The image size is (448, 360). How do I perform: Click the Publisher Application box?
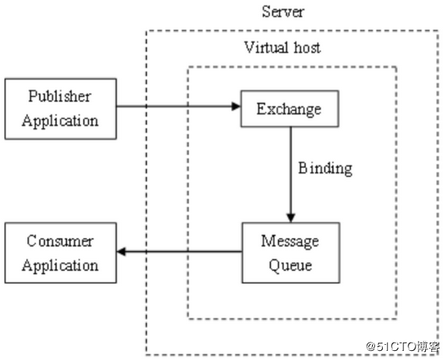[60, 108]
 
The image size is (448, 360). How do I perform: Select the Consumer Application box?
[60, 253]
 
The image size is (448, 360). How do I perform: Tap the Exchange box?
[289, 109]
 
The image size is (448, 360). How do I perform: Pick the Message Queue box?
[289, 253]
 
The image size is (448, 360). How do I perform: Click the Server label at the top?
[283, 11]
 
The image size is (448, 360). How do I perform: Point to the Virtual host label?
[282, 47]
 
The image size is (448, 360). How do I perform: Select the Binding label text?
[325, 168]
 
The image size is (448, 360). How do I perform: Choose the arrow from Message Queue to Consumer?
[178, 252]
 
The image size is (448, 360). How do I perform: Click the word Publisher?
[60, 96]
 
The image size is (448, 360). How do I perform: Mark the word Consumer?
[60, 242]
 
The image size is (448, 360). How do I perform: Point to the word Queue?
[289, 265]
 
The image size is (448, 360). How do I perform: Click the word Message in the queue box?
[289, 242]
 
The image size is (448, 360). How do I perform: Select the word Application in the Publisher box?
[60, 120]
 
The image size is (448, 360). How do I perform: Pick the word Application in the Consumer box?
[60, 265]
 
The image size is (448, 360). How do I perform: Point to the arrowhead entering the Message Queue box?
[289, 217]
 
